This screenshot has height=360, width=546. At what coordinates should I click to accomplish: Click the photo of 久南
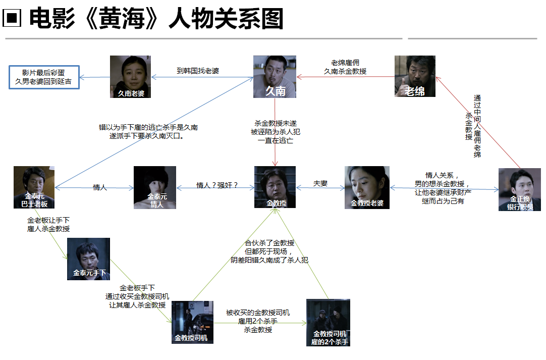coord(275,76)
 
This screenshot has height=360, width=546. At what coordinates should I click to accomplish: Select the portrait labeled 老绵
coord(415,76)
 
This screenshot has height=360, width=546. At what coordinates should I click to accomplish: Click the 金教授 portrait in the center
coord(275,187)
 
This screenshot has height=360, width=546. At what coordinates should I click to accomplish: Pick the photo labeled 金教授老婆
coord(367,187)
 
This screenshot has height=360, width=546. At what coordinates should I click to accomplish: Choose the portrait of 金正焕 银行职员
coord(519,189)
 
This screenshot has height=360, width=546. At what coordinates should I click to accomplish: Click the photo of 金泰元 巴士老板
coord(34,187)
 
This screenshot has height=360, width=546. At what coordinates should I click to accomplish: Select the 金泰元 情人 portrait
coord(155,187)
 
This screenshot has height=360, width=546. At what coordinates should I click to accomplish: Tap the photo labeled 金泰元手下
coord(88,259)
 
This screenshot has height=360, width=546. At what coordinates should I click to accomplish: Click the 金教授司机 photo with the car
coord(192,322)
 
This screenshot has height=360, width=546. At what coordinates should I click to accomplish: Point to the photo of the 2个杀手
coord(328,322)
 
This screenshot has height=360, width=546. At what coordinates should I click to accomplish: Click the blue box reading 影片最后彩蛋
coord(44,77)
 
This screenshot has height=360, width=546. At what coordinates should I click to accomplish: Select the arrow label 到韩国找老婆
coord(198,71)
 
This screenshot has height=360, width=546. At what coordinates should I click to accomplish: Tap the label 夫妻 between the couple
coord(320,183)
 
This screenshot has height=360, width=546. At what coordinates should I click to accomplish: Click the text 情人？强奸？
coord(217,185)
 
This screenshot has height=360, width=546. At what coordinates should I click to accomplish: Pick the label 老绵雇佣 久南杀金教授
coord(346,67)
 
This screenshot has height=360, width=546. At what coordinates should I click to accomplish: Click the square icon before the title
coord(12,19)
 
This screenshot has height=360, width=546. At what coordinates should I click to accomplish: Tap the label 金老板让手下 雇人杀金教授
coord(48,225)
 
